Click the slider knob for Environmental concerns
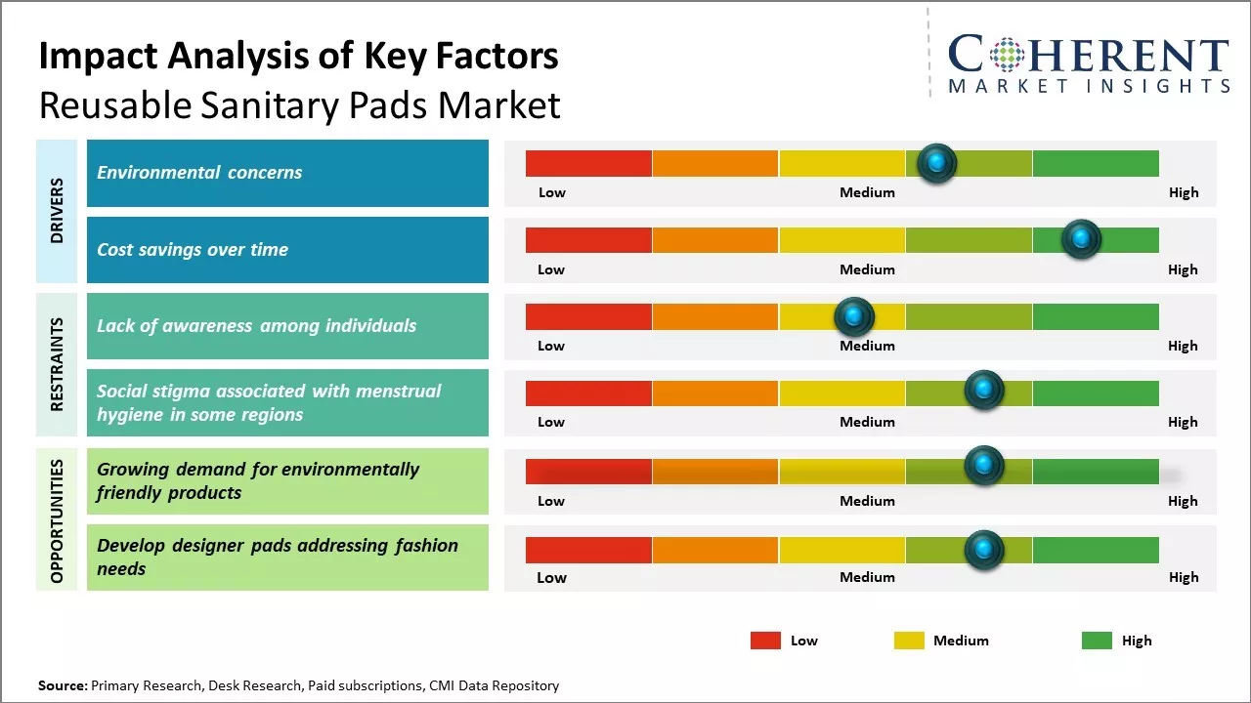pyautogui.click(x=937, y=163)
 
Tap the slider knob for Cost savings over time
pyautogui.click(x=1081, y=239)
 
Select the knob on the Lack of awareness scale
pyautogui.click(x=854, y=316)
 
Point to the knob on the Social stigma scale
pyautogui.click(x=984, y=391)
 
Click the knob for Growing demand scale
pyautogui.click(x=984, y=466)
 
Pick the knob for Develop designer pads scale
pyautogui.click(x=984, y=550)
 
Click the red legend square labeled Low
pyautogui.click(x=765, y=641)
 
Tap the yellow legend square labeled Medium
pyautogui.click(x=909, y=641)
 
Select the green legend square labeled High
pyautogui.click(x=1097, y=641)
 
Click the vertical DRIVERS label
pyautogui.click(x=57, y=211)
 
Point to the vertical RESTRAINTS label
pyautogui.click(x=57, y=364)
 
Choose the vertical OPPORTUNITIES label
pyautogui.click(x=57, y=520)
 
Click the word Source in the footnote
pyautogui.click(x=62, y=685)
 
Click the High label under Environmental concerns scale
pyautogui.click(x=1183, y=192)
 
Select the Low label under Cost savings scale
pyautogui.click(x=551, y=269)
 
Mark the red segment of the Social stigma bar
pyautogui.click(x=588, y=393)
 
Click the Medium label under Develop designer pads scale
pyautogui.click(x=867, y=577)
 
